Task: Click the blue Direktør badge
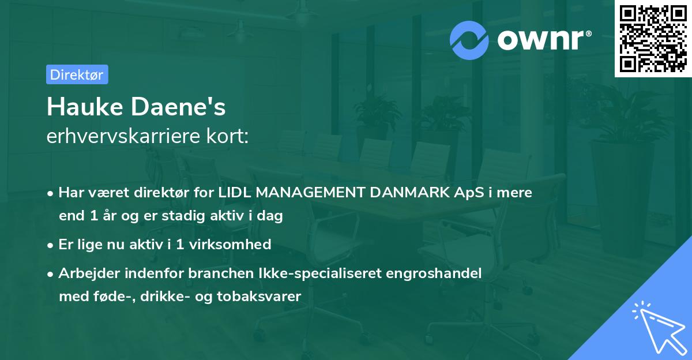point(77,74)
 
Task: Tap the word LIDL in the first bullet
point(235,193)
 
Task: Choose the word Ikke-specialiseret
point(296,273)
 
